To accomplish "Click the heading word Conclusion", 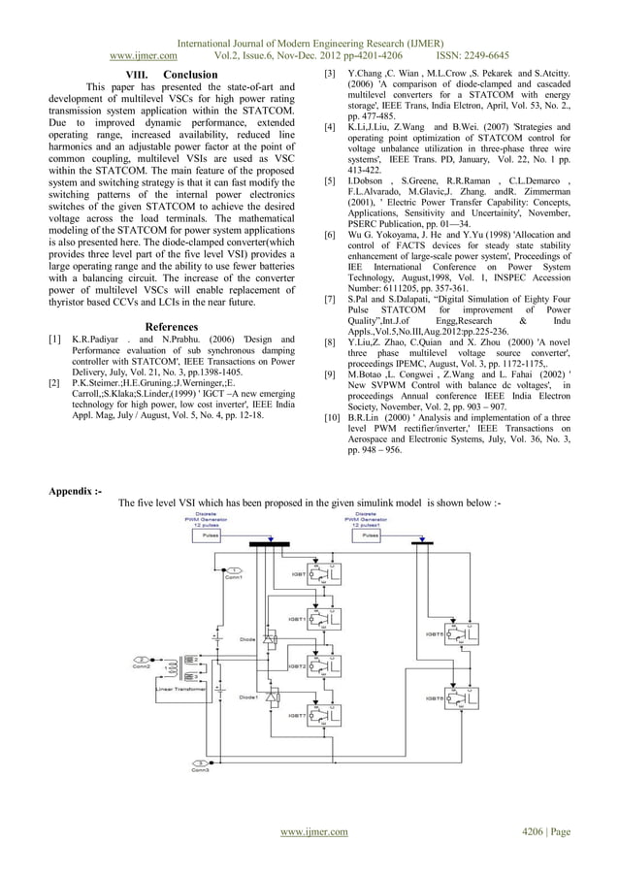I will [190, 75].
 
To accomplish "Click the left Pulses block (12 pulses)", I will [208, 535].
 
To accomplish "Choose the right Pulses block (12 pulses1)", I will [371, 535].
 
